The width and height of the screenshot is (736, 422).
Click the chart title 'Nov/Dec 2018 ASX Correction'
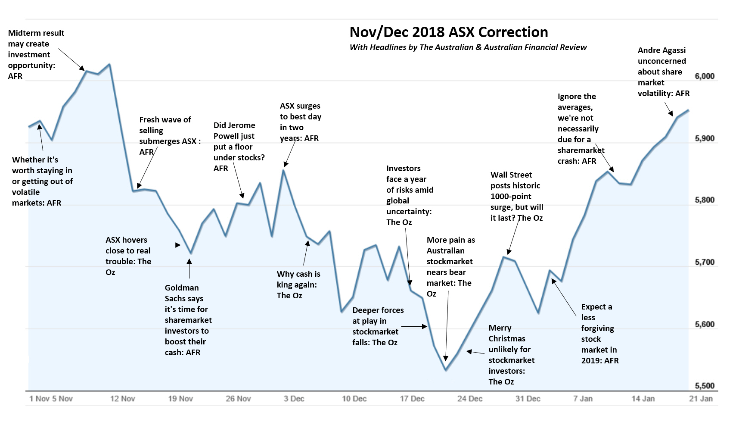(448, 32)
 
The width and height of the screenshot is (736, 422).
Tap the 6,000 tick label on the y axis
(705, 76)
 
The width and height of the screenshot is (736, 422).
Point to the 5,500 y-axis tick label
(705, 386)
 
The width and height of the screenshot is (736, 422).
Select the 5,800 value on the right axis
(705, 200)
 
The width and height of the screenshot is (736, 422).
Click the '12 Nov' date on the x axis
(123, 399)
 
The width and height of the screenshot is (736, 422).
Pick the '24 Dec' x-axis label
(470, 399)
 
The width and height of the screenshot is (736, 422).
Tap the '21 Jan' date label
(701, 399)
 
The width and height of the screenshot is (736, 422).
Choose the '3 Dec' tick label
(294, 399)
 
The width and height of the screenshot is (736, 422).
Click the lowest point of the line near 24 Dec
(446, 370)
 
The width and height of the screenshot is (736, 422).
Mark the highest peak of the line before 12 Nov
(109, 65)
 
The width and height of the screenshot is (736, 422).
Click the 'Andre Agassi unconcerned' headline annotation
(663, 72)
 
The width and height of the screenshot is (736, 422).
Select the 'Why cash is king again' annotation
(298, 285)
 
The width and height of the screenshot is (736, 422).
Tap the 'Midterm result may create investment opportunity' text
(36, 55)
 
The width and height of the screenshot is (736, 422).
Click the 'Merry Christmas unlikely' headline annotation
(511, 355)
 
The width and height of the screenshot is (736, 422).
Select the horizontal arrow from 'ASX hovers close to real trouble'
(166, 245)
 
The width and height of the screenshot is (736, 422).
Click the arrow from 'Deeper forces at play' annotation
(414, 327)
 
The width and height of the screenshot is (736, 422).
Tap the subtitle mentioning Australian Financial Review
(468, 47)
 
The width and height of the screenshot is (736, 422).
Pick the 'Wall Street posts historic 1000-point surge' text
(516, 197)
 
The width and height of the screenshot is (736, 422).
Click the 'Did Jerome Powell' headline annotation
(239, 147)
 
